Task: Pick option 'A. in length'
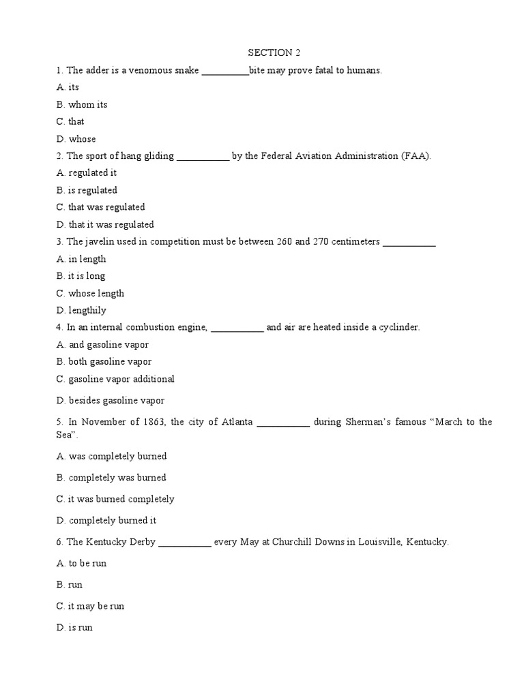click(81, 259)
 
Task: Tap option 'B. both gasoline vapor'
click(104, 362)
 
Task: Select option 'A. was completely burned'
click(112, 456)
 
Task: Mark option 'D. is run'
click(74, 627)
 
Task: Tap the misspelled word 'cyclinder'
click(398, 328)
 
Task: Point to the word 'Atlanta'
click(237, 422)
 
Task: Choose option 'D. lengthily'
click(82, 311)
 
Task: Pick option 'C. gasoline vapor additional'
click(116, 379)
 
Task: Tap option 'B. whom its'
click(82, 105)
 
